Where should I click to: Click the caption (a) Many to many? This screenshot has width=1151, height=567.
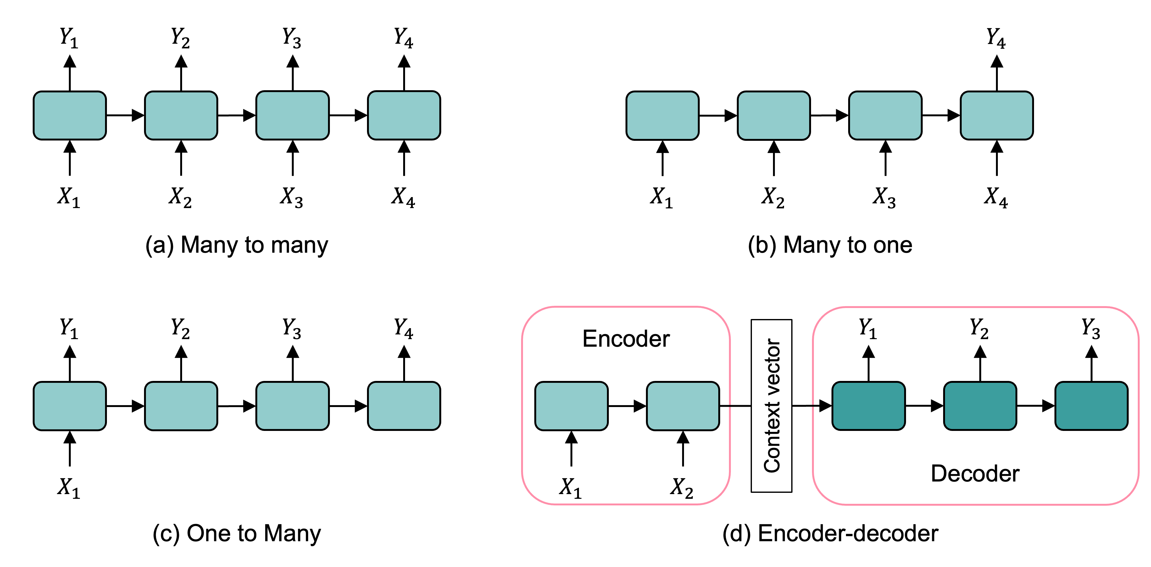coord(237,245)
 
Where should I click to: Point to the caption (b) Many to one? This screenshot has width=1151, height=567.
coord(830,245)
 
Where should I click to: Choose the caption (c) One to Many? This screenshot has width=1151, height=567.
coord(237,533)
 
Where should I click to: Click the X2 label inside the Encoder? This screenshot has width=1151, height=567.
coord(682,487)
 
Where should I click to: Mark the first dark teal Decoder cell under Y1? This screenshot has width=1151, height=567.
coord(868,405)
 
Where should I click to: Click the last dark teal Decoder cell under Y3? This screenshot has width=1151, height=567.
coord(1091,405)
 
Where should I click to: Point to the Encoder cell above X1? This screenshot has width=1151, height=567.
coord(571,405)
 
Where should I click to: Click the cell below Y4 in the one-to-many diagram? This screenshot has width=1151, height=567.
coord(404,405)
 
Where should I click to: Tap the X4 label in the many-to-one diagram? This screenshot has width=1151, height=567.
coord(996,197)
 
